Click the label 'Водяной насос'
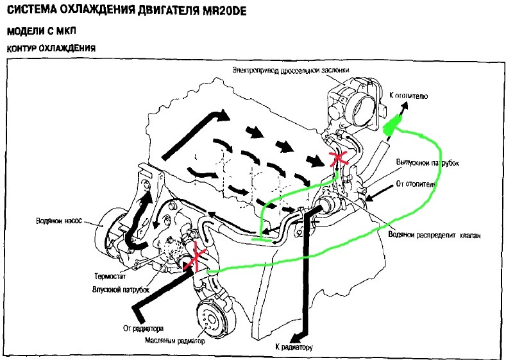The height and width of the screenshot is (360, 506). point(59,221)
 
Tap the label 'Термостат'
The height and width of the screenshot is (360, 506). point(110,276)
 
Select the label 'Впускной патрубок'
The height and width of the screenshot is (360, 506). point(121,289)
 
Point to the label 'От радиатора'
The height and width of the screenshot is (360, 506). point(143,329)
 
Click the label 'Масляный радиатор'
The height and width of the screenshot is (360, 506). point(175,341)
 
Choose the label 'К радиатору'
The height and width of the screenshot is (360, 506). point(294,347)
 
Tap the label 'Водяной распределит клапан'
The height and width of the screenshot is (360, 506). point(434,235)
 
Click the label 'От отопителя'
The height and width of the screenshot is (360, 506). point(416,184)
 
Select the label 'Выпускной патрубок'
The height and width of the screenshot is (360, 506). point(428,163)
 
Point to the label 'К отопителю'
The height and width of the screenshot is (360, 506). point(409,96)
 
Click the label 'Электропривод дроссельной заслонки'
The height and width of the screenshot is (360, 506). point(291,70)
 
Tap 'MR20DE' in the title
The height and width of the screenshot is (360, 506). point(224,11)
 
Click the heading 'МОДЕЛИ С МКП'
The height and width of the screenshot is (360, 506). point(41,31)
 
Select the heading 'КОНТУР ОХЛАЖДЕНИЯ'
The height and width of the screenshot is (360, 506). point(51,48)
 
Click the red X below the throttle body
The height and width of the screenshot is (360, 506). point(339,159)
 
